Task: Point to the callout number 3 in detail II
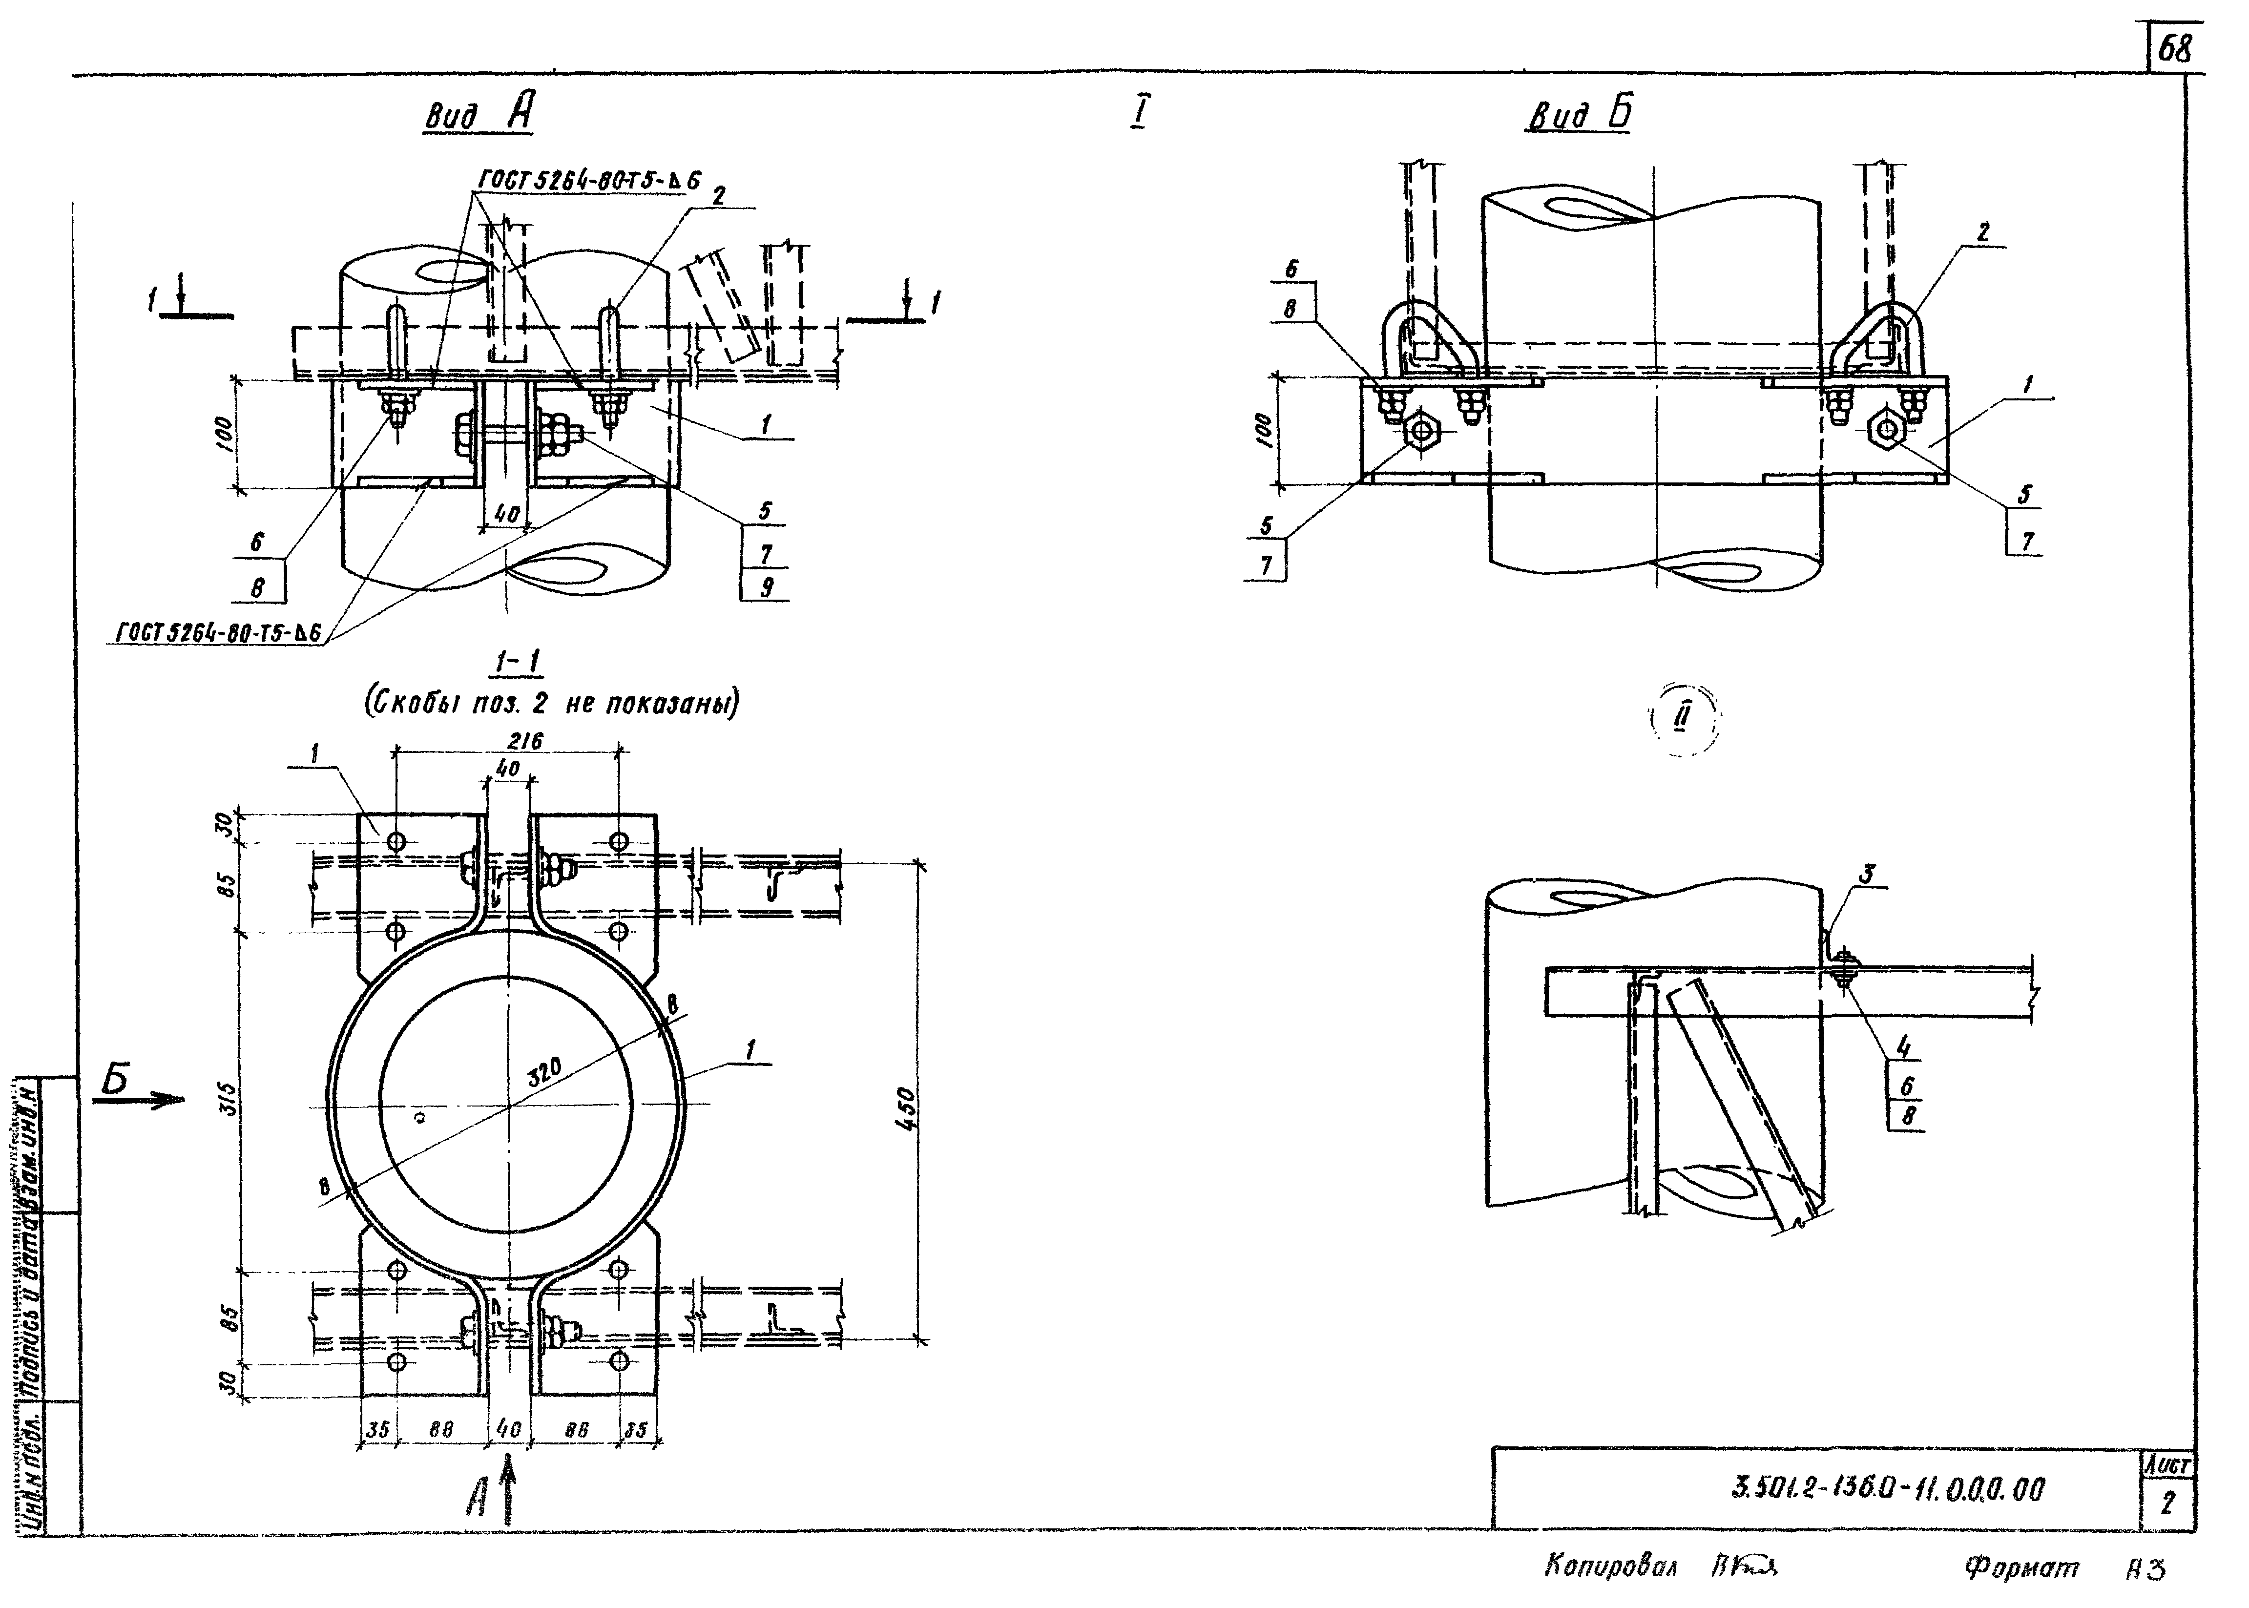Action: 1866,873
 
